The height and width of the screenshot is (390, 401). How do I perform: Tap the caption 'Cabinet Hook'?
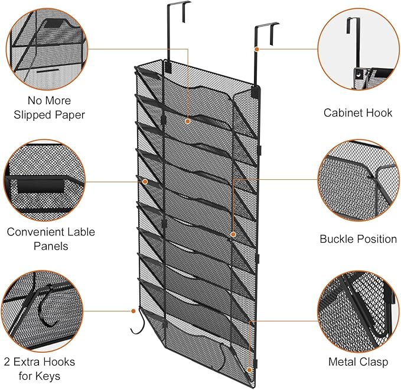(x=358, y=112)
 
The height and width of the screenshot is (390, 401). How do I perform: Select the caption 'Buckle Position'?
(x=358, y=239)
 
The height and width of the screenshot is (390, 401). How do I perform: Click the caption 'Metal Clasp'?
(x=358, y=361)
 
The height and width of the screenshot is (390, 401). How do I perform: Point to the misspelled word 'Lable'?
(x=79, y=232)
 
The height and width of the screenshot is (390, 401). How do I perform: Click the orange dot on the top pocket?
(x=187, y=121)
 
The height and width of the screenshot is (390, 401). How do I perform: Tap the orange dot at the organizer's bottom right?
(x=250, y=370)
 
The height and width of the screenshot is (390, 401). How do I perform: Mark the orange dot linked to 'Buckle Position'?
(x=233, y=234)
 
